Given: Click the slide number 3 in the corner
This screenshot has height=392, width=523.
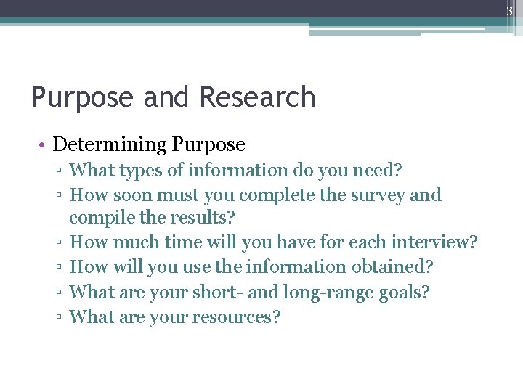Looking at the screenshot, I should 509,11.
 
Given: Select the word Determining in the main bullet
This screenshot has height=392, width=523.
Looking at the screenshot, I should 110,144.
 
